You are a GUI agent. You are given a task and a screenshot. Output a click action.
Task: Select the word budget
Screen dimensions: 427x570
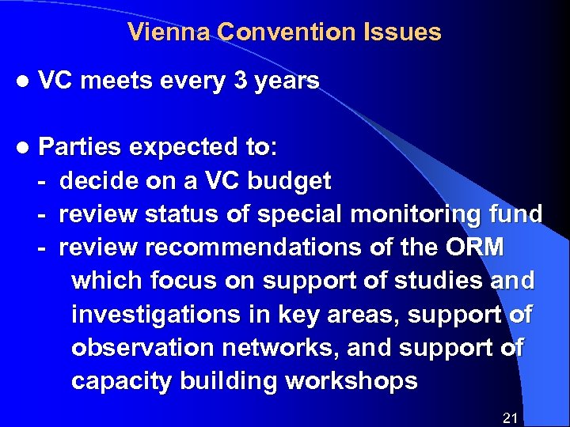click(x=290, y=181)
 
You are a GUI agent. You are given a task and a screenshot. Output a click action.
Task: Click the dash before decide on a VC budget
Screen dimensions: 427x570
click(x=42, y=181)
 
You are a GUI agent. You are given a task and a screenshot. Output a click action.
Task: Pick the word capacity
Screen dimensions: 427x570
click(x=120, y=381)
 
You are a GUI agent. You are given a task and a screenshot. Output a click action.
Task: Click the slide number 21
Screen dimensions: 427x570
click(x=510, y=418)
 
